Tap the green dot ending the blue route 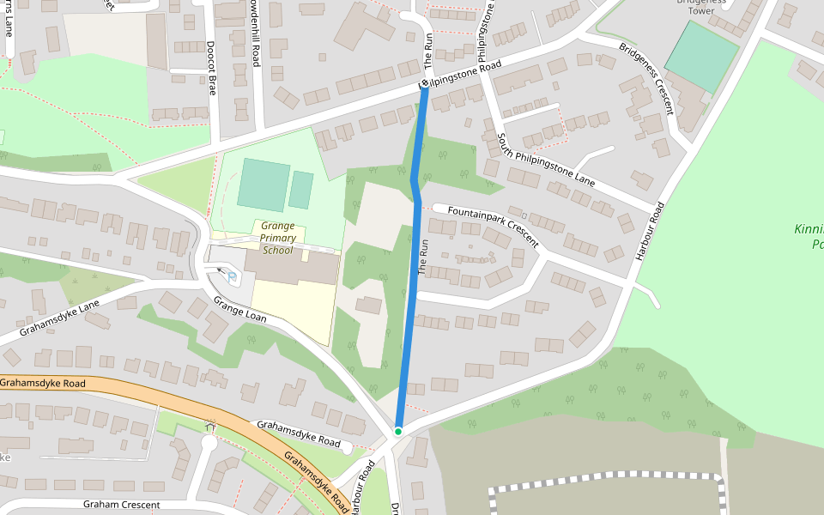click(398, 431)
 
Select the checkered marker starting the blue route click(424, 84)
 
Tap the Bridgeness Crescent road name click(645, 76)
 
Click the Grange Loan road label click(240, 309)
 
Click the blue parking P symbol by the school click(232, 275)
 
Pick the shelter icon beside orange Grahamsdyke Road click(210, 426)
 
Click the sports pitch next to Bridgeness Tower click(701, 57)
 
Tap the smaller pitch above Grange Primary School click(300, 190)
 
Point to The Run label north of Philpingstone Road click(428, 51)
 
